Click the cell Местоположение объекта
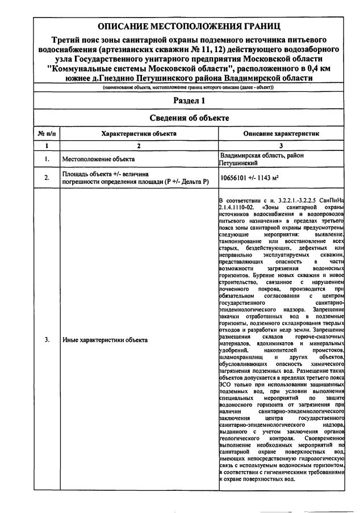(x=99, y=159)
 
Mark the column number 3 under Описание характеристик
(x=281, y=145)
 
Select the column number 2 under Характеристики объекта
(x=139, y=145)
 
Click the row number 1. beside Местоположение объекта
(x=46, y=159)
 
